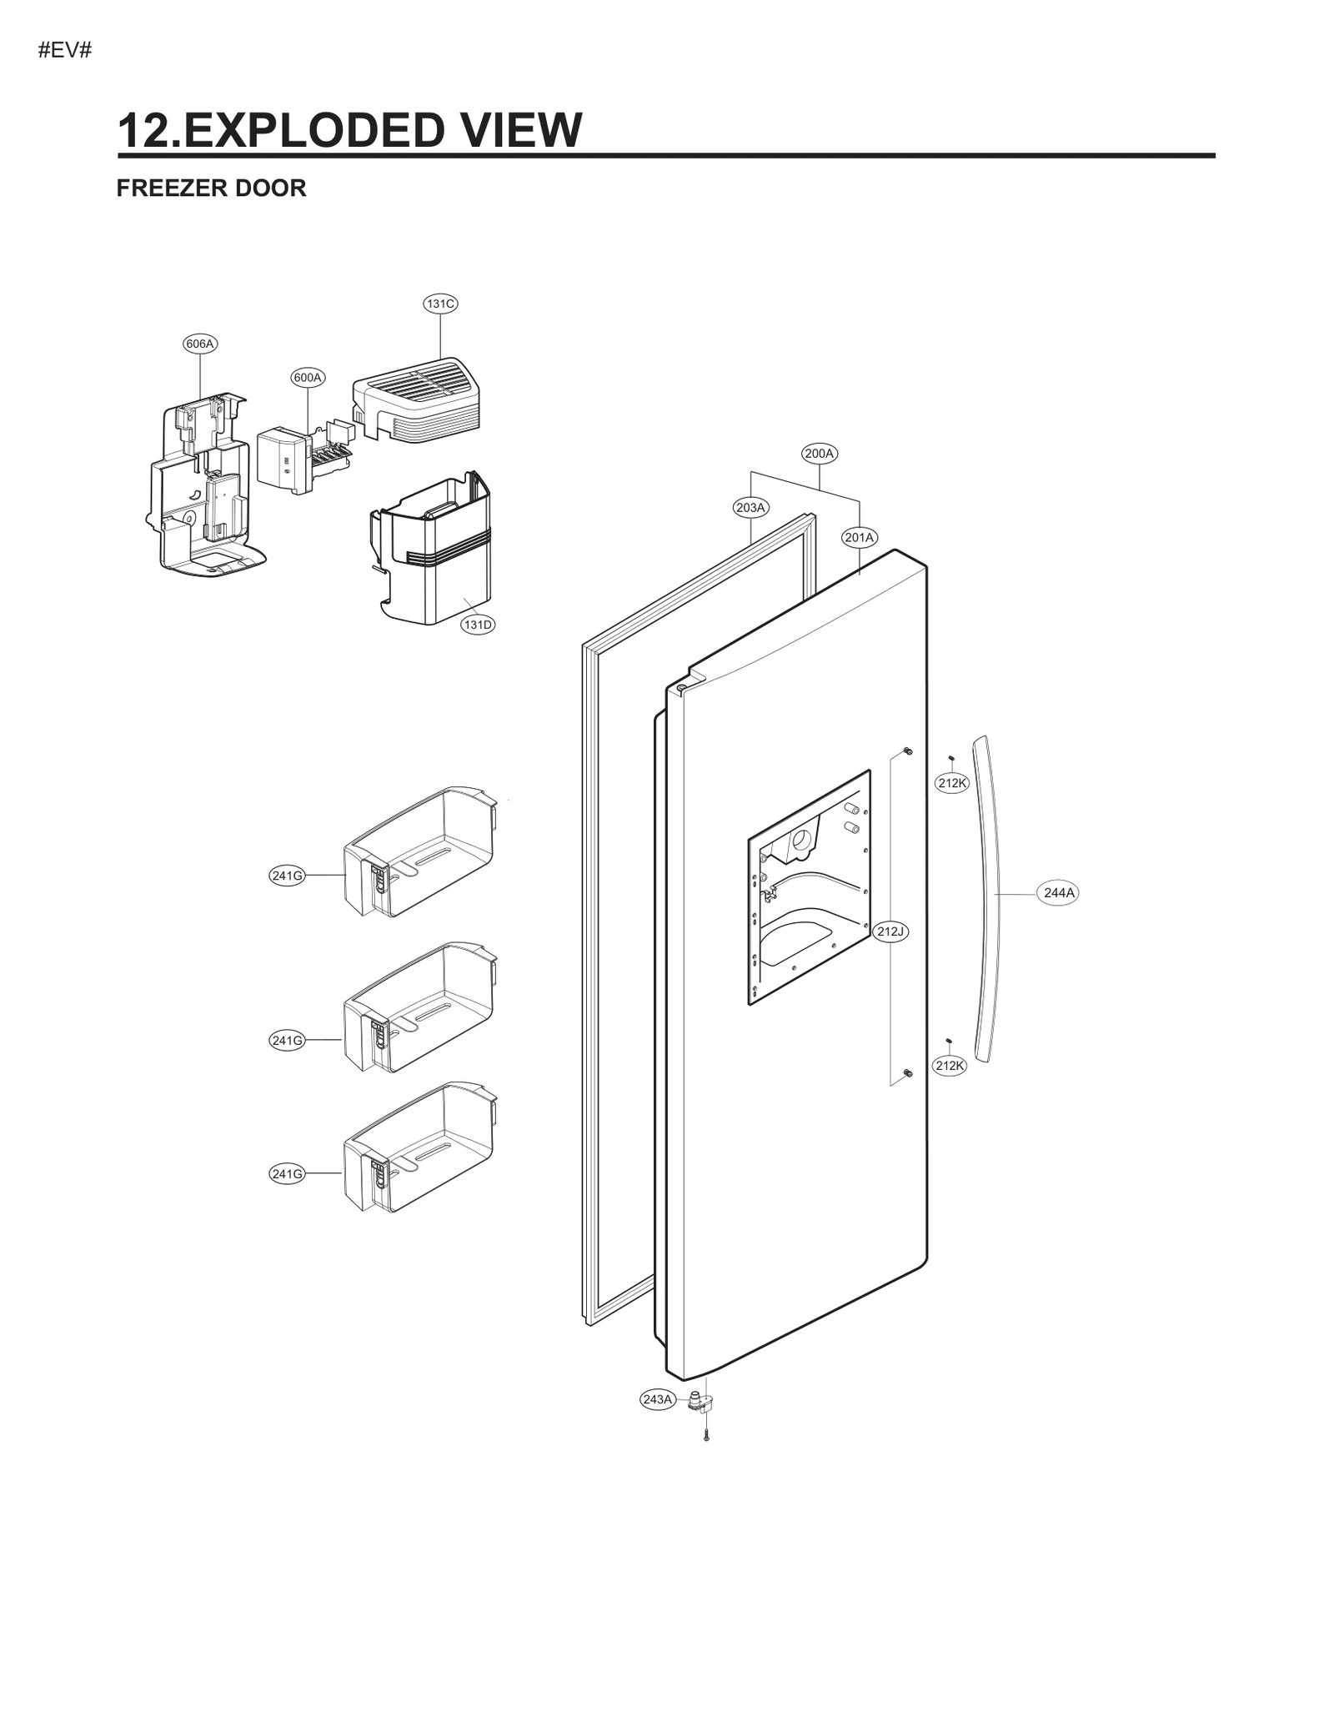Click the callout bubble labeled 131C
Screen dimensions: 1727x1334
click(440, 304)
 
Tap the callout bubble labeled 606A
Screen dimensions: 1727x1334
click(200, 344)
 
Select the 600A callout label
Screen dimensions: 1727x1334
click(308, 377)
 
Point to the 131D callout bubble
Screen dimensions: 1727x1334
click(478, 625)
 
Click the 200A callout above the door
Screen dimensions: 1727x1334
click(820, 454)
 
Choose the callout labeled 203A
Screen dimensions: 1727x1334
click(751, 507)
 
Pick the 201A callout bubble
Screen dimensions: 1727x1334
click(859, 537)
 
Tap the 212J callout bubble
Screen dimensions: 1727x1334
click(890, 931)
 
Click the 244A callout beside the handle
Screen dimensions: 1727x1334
click(1059, 893)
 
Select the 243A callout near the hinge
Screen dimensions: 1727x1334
click(657, 1399)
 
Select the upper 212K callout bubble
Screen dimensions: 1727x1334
click(951, 783)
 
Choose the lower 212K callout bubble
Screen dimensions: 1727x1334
click(950, 1066)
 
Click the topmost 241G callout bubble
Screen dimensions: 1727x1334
click(287, 876)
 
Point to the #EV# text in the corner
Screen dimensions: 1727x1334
click(65, 51)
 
